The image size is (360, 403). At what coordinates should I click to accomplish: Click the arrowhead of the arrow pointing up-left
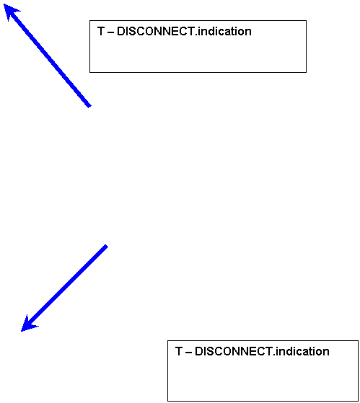pyautogui.click(x=4, y=4)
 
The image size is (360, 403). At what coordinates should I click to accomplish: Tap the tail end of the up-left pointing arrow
pyautogui.click(x=89, y=106)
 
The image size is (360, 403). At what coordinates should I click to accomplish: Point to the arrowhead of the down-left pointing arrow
pyautogui.click(x=21, y=331)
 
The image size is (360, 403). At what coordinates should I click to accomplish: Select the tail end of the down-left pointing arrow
pyautogui.click(x=107, y=246)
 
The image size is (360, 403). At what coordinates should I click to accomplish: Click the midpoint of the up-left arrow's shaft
pyautogui.click(x=47, y=55)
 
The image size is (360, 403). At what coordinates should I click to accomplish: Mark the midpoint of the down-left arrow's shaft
pyautogui.click(x=63, y=288)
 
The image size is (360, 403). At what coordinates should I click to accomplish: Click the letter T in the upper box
pyautogui.click(x=101, y=31)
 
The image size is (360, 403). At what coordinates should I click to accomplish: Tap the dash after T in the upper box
pyautogui.click(x=110, y=32)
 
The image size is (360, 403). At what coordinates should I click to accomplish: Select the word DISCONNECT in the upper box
pyautogui.click(x=156, y=31)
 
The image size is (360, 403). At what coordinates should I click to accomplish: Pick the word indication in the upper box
pyautogui.click(x=224, y=31)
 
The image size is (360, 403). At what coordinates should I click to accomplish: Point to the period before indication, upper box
pyautogui.click(x=196, y=35)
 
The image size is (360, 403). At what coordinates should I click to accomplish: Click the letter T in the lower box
pyautogui.click(x=179, y=351)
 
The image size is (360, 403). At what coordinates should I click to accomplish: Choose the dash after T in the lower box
pyautogui.click(x=188, y=353)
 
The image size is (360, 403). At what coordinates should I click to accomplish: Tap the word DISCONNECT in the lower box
pyautogui.click(x=234, y=351)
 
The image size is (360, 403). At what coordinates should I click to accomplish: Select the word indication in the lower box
pyautogui.click(x=302, y=351)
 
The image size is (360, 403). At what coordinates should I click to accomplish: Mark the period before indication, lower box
pyautogui.click(x=274, y=355)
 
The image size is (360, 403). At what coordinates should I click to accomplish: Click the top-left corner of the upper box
pyautogui.click(x=89, y=21)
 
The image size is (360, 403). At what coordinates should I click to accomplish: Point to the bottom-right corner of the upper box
pyautogui.click(x=307, y=72)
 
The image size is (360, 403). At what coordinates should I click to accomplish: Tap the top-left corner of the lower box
pyautogui.click(x=167, y=341)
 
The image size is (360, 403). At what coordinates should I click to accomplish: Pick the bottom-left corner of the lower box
pyautogui.click(x=167, y=401)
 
